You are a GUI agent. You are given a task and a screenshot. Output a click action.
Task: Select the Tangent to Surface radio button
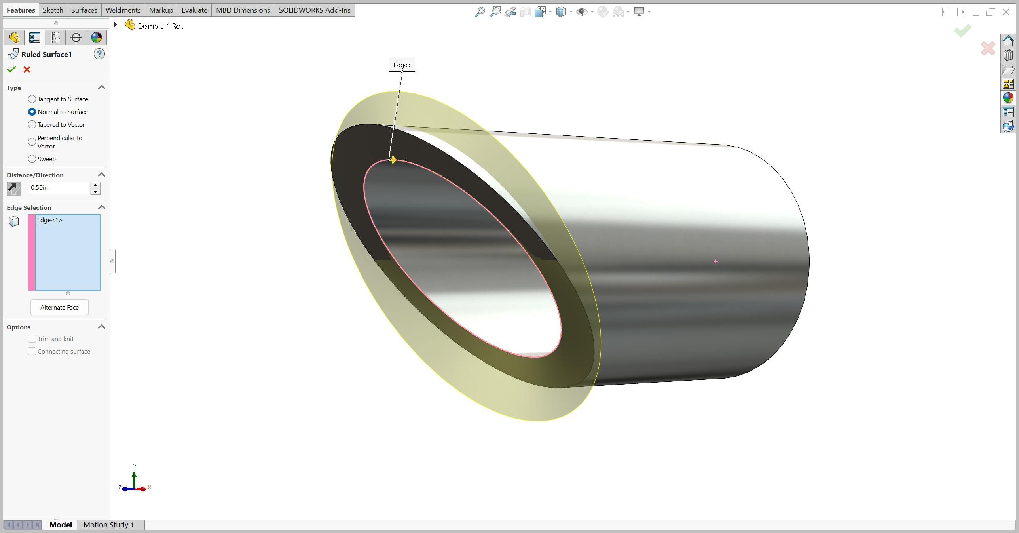(x=32, y=99)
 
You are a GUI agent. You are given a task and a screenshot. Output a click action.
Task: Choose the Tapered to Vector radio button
(x=32, y=124)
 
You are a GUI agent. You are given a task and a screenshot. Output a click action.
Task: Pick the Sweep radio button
(x=32, y=159)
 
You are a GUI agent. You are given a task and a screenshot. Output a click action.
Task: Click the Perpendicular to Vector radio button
(x=32, y=142)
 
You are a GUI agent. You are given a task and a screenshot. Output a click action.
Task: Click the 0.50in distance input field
(x=59, y=188)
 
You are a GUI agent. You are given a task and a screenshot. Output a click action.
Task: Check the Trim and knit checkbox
(x=32, y=339)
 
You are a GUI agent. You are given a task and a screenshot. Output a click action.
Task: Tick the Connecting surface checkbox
(x=32, y=352)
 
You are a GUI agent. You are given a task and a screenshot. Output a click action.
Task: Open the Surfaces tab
(x=84, y=10)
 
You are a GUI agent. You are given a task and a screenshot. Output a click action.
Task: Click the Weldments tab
(x=123, y=10)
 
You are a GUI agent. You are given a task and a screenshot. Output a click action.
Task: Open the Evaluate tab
(x=194, y=10)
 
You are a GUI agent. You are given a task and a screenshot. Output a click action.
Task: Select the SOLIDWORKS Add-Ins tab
(x=315, y=10)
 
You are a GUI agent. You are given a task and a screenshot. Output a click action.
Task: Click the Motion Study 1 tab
(x=108, y=525)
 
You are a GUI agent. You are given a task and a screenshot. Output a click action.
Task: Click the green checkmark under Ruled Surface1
(x=11, y=70)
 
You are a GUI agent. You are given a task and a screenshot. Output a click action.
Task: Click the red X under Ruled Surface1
(x=27, y=70)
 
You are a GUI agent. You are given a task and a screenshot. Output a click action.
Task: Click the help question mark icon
(x=99, y=54)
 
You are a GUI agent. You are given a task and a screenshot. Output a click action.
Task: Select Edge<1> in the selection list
(x=50, y=220)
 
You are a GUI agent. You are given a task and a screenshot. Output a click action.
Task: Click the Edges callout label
(x=402, y=65)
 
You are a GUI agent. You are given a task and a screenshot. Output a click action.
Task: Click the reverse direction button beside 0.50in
(x=14, y=188)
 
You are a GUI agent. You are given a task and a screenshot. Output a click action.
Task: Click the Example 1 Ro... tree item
(x=161, y=26)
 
